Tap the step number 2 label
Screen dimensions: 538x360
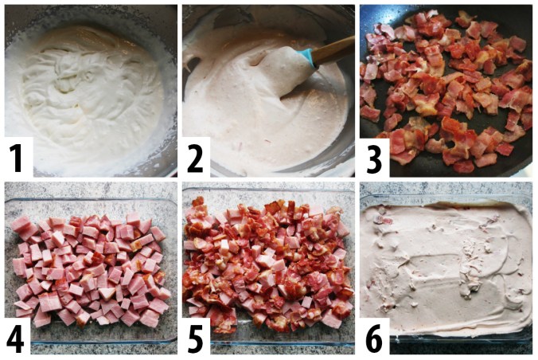pyautogui.click(x=195, y=158)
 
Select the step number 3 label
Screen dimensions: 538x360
pyautogui.click(x=374, y=158)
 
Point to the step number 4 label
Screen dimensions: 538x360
pyautogui.click(x=16, y=338)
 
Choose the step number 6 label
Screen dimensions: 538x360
pyautogui.click(x=374, y=338)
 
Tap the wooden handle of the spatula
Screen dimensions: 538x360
pyautogui.click(x=333, y=50)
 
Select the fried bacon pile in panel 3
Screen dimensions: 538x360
pyautogui.click(x=446, y=89)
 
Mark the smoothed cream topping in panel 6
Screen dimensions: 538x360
pyautogui.click(x=446, y=268)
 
